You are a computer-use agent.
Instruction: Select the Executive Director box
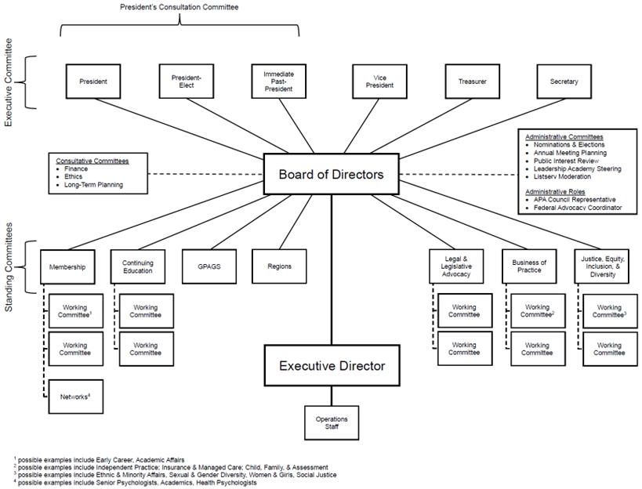click(x=333, y=365)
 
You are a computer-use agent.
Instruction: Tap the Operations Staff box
click(x=332, y=422)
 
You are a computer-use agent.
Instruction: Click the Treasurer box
click(x=473, y=81)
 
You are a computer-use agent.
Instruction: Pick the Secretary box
click(x=564, y=81)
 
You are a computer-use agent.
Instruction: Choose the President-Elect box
click(x=186, y=81)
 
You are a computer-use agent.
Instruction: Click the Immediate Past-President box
click(x=278, y=81)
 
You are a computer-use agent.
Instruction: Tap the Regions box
click(x=278, y=266)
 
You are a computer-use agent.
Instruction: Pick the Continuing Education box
click(x=138, y=266)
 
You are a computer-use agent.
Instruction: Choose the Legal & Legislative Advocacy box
click(x=456, y=266)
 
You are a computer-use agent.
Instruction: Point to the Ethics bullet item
click(x=75, y=177)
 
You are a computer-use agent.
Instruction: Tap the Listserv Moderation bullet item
click(x=563, y=177)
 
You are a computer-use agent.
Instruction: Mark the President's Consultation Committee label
click(x=179, y=7)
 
